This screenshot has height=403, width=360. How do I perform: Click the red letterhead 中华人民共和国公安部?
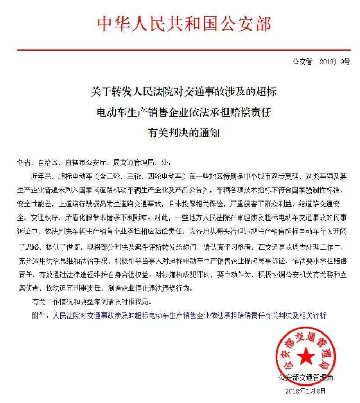(183, 24)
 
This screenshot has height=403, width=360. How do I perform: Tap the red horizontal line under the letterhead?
(183, 50)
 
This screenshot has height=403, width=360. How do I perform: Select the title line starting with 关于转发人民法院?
(183, 91)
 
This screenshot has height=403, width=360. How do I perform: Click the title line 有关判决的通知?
(183, 132)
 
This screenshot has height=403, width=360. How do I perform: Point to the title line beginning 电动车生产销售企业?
(183, 112)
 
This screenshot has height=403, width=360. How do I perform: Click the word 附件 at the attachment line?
(40, 315)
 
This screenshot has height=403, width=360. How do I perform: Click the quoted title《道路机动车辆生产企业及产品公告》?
(151, 189)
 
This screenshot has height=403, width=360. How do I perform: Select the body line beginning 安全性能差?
(183, 202)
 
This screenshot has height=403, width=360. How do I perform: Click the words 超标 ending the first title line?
(265, 91)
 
